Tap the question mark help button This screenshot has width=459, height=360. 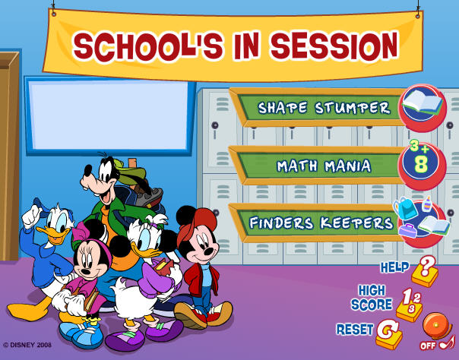click(x=425, y=271)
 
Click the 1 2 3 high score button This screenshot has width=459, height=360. click(x=410, y=305)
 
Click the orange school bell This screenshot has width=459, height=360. click(x=436, y=326)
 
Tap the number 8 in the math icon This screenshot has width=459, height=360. click(x=421, y=164)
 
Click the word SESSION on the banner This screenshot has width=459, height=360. click(x=334, y=46)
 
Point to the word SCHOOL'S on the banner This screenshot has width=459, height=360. click(x=148, y=47)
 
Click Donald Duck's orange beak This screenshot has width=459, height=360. click(x=53, y=235)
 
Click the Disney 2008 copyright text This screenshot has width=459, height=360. click(x=27, y=345)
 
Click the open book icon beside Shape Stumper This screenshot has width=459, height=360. click(x=422, y=103)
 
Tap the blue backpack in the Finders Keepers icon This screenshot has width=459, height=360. click(x=405, y=208)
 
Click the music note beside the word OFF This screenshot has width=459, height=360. click(x=448, y=343)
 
